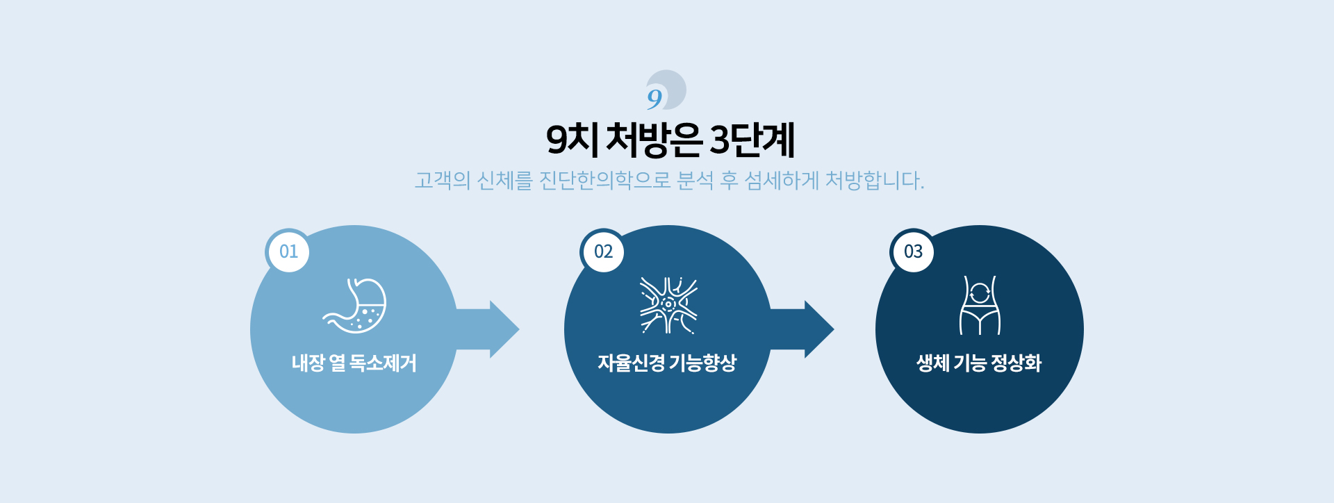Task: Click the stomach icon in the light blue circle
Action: coord(355,306)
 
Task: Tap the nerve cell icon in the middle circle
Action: coord(668,305)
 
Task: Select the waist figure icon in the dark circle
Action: coord(980,305)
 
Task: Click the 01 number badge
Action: coord(288,251)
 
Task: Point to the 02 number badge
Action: coord(603,251)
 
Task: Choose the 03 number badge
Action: coord(913,251)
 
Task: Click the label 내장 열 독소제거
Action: coord(354,363)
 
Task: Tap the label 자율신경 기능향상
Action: coord(668,363)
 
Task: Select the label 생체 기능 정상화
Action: coord(979,363)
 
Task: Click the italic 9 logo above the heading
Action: coord(666,90)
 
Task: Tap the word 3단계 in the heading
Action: coord(752,140)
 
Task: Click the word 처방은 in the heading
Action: coord(654,140)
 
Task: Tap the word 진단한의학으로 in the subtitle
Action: coord(605,181)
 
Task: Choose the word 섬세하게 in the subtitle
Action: coord(782,181)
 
